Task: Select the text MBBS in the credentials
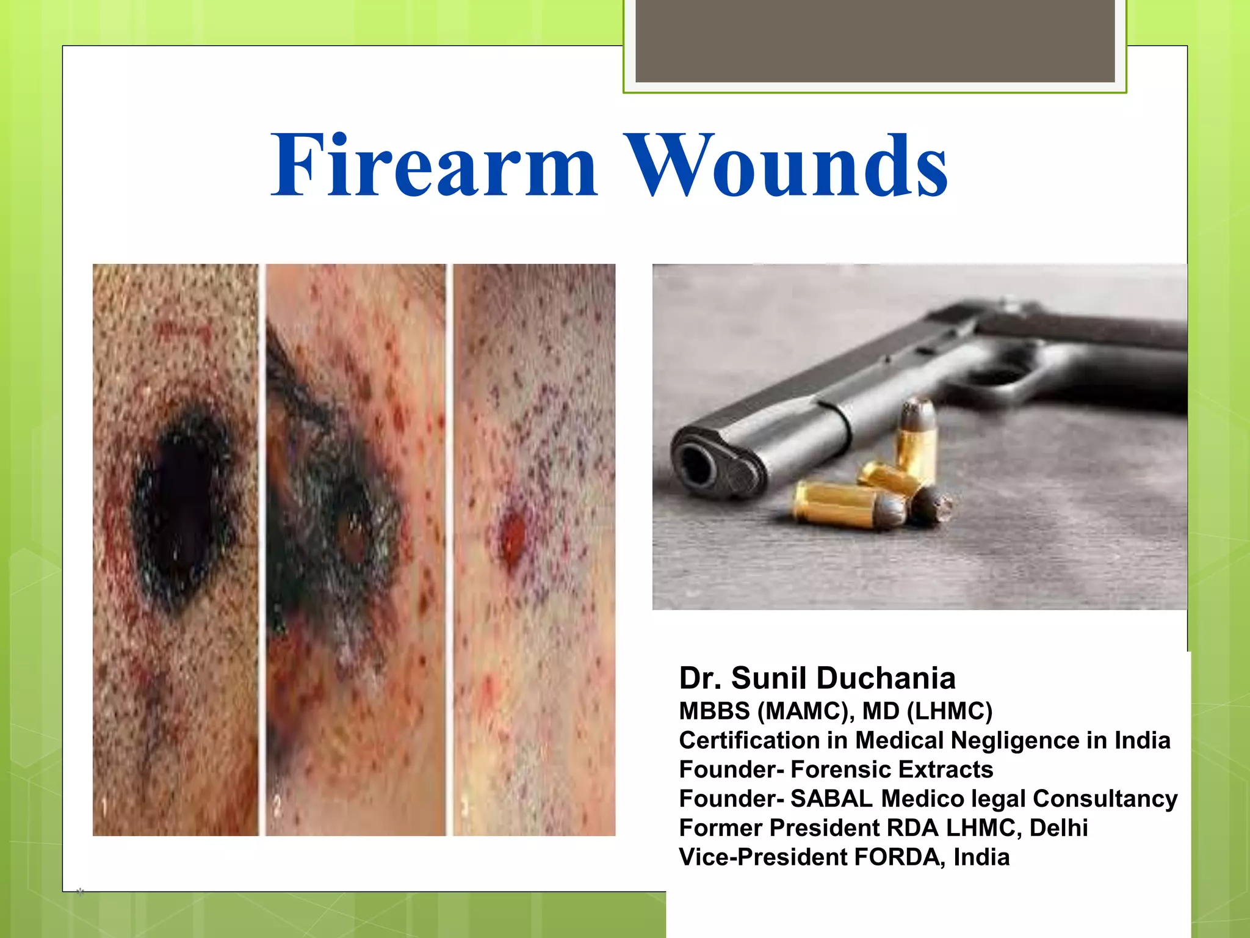[x=714, y=711]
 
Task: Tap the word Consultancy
[x=1105, y=799]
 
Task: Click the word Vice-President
[x=763, y=857]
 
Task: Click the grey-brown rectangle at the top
[x=875, y=40]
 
